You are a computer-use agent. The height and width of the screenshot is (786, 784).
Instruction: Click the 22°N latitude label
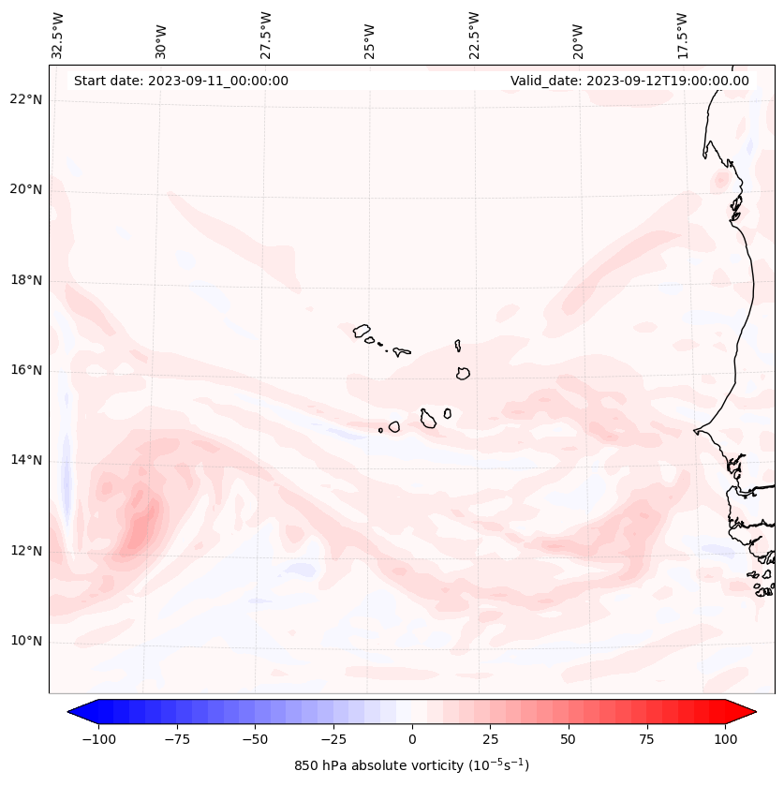[x=26, y=99]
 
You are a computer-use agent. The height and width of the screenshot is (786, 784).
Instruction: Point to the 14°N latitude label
[x=26, y=460]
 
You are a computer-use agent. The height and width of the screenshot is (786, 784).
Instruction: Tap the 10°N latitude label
[x=26, y=642]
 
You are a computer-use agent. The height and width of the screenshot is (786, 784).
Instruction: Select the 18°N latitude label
[x=26, y=280]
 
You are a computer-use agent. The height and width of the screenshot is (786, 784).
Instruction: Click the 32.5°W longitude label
[x=58, y=35]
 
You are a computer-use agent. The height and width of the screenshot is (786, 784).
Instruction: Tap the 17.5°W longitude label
[x=682, y=35]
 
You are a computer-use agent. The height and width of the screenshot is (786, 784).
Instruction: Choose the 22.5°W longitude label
[x=474, y=35]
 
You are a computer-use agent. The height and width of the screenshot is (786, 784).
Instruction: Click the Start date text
[x=181, y=81]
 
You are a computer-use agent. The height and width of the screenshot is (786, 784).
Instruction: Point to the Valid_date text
[x=629, y=81]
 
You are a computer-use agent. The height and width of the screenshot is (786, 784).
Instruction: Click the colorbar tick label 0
[x=411, y=739]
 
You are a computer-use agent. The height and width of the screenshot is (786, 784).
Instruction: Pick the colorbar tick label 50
[x=569, y=739]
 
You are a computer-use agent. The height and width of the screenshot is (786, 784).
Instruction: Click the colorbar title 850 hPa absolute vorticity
[x=411, y=765]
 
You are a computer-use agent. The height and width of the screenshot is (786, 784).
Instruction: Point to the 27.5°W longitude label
[x=266, y=35]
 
